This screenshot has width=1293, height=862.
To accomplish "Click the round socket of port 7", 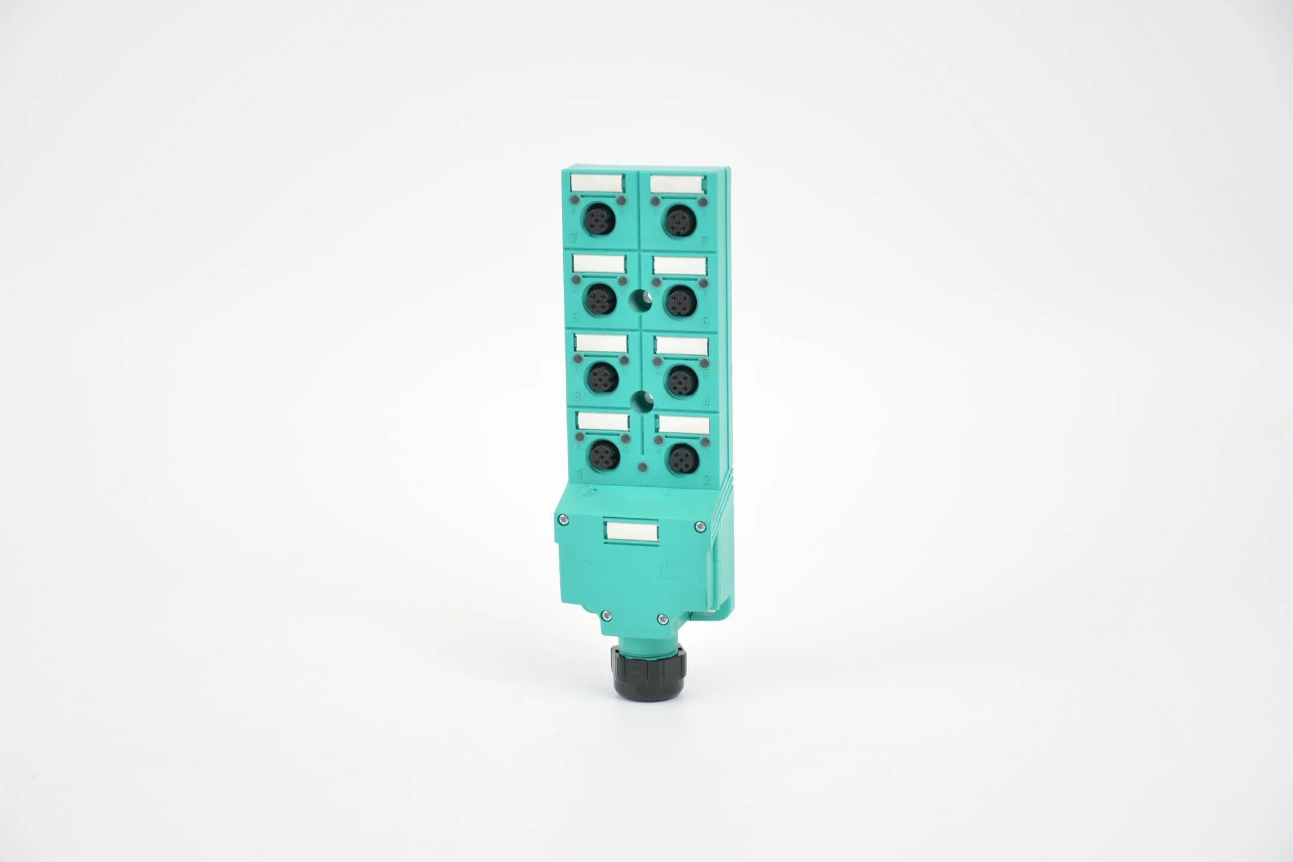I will click(x=599, y=219).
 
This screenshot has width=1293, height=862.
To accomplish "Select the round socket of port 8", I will click(x=679, y=221).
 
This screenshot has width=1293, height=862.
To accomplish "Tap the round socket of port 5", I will click(x=600, y=299).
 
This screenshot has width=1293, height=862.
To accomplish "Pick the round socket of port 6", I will click(x=681, y=301).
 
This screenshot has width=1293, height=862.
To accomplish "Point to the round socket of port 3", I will click(x=602, y=378).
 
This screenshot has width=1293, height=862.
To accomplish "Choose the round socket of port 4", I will click(x=682, y=381).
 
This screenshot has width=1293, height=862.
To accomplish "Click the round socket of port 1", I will click(x=604, y=457).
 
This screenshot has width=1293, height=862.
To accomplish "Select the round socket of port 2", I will click(x=684, y=459).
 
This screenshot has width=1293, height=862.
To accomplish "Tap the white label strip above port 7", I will click(x=597, y=183).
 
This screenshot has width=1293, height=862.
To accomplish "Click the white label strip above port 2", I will click(x=684, y=425).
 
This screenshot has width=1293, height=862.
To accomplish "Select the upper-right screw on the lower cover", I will click(x=700, y=527).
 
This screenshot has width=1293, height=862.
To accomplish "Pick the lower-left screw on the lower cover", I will click(x=606, y=615).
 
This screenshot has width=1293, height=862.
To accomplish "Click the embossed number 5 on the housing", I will click(x=576, y=317).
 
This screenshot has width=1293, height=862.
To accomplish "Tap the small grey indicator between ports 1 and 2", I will click(x=643, y=467).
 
